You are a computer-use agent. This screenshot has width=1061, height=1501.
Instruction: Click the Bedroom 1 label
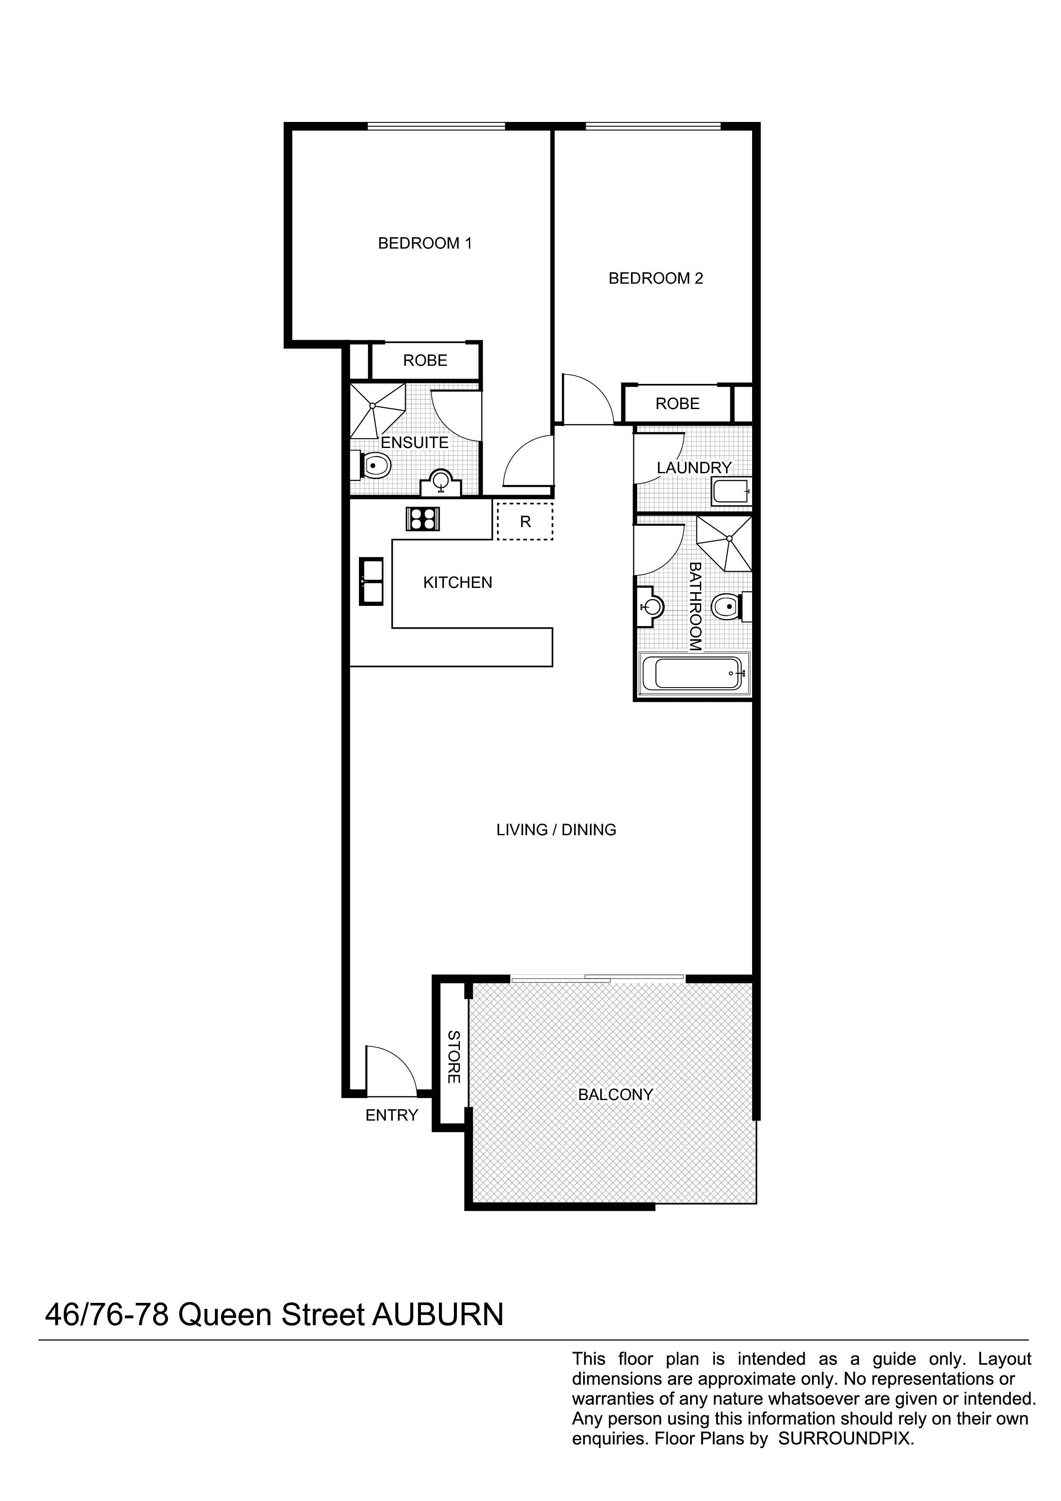coord(425,243)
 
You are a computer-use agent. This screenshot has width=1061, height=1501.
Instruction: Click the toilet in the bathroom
coord(726,607)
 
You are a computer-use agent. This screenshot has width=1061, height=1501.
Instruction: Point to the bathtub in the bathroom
coord(694,673)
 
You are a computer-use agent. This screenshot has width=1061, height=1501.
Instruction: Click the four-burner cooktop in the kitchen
coord(423,519)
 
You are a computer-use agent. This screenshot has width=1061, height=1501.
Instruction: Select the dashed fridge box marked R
coord(525,522)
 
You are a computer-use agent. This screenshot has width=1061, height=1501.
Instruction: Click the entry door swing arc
coord(391,1071)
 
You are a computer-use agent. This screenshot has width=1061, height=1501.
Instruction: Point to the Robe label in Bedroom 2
coord(677,404)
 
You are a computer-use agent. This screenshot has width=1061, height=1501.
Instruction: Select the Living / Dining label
coord(556,830)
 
